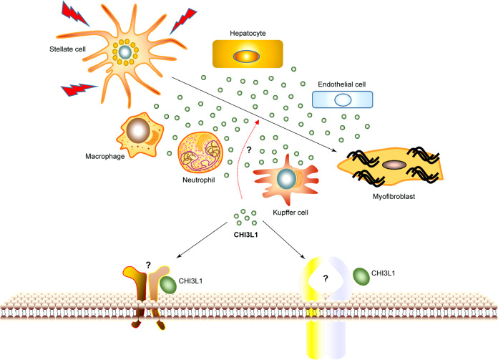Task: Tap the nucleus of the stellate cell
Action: pyautogui.click(x=125, y=52)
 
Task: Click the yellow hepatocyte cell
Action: pyautogui.click(x=248, y=54)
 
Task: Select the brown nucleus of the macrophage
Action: pyautogui.click(x=139, y=131)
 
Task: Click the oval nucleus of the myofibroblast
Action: pyautogui.click(x=394, y=165)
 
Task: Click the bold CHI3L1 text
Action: pyautogui.click(x=245, y=233)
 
